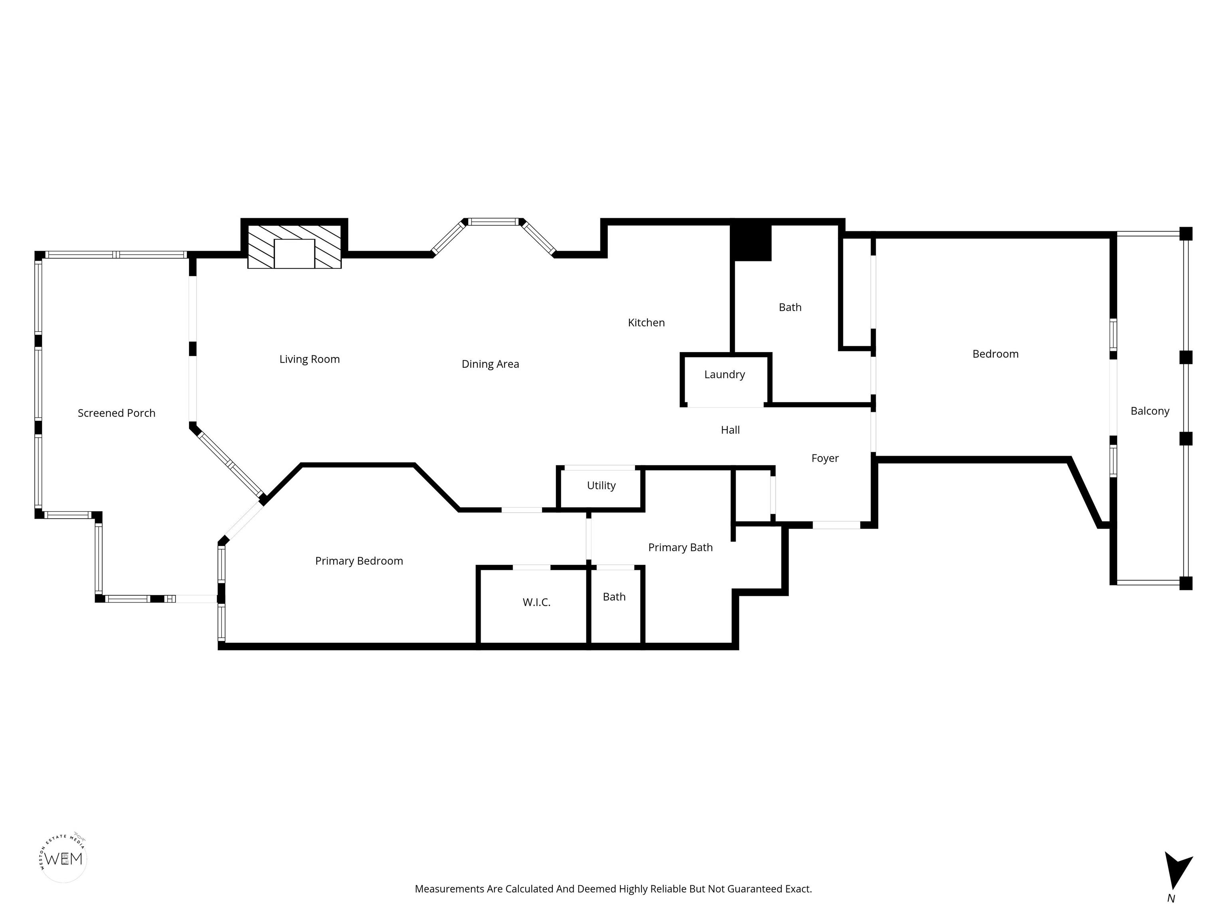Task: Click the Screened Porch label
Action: (117, 413)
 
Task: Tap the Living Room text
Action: (310, 359)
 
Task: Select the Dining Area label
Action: (490, 364)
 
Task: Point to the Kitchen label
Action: (646, 323)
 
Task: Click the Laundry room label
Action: (725, 375)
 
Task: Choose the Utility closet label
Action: (601, 486)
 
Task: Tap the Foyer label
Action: (825, 459)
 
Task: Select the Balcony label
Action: (1150, 411)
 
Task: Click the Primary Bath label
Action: (680, 548)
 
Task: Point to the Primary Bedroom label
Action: (359, 561)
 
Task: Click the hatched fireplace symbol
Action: (294, 247)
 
